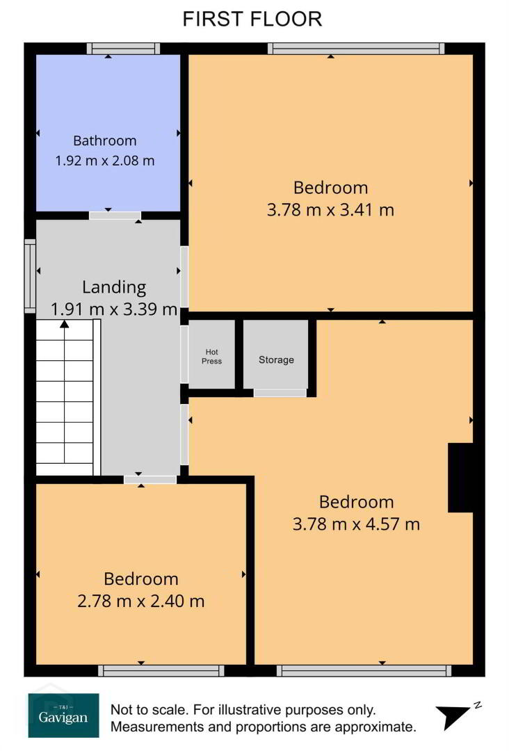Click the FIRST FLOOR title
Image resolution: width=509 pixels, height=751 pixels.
[x=252, y=19]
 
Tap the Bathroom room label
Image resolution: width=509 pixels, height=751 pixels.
[x=105, y=140]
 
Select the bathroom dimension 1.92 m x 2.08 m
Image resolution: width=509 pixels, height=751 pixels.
[x=105, y=161]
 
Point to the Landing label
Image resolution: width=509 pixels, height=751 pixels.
[x=114, y=287]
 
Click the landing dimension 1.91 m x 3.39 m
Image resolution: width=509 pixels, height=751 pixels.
[x=114, y=309]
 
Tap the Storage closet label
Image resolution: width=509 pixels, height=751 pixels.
[x=276, y=360]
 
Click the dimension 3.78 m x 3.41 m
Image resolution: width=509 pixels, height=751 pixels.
[x=330, y=210]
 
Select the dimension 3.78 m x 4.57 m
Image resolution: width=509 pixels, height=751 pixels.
[x=356, y=524]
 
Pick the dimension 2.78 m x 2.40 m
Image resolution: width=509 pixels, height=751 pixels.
[x=140, y=601]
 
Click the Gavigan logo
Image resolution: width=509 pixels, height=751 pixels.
[x=64, y=716]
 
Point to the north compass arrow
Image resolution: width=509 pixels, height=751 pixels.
[x=455, y=716]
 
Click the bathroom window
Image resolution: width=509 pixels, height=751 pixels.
[x=124, y=49]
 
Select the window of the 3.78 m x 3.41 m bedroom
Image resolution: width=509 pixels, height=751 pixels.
[x=356, y=49]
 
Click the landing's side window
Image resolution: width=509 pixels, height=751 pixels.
[x=30, y=276]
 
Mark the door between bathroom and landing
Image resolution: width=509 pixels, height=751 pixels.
[x=115, y=216]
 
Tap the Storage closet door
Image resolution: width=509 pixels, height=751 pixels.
[x=280, y=393]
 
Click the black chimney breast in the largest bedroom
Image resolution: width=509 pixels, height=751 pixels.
[x=460, y=478]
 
